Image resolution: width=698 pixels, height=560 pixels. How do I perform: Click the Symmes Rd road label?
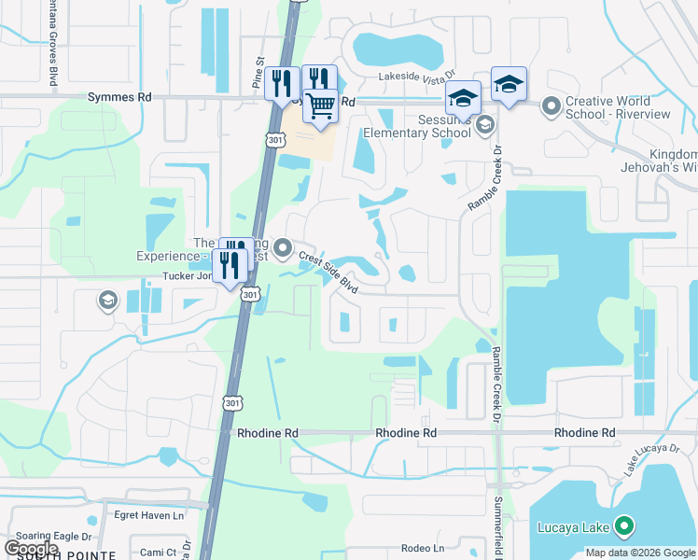click(x=119, y=96)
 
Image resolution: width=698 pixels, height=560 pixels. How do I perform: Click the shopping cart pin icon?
click(x=320, y=105)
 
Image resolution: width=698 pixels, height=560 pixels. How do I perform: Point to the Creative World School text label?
click(x=619, y=107)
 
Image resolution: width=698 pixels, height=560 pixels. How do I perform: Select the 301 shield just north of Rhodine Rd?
click(x=232, y=403)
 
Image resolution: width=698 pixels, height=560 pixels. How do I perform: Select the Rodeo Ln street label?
click(x=422, y=548)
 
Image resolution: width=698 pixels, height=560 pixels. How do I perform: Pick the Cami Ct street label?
click(x=158, y=553)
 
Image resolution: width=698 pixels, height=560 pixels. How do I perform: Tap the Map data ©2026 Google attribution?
click(x=640, y=553)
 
